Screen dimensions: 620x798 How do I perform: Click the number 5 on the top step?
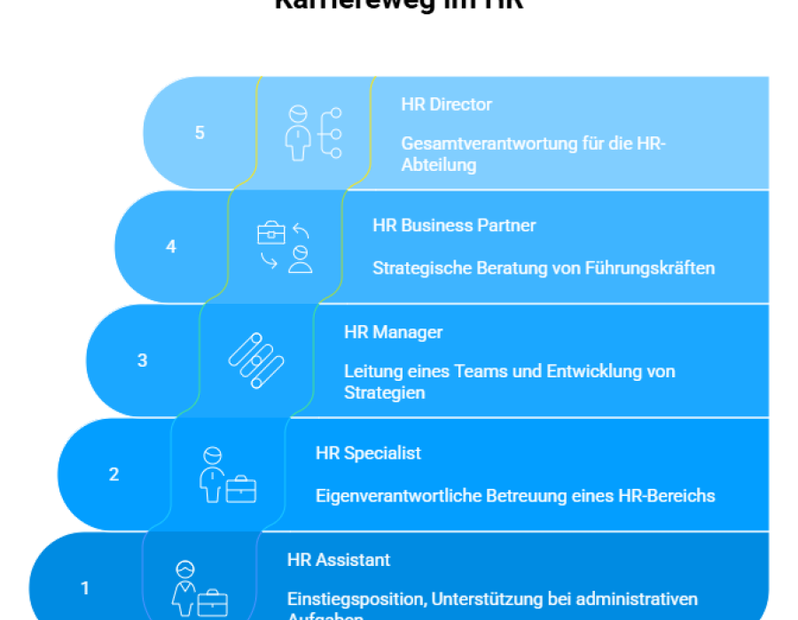199,133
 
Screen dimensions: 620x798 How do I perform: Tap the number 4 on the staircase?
171,247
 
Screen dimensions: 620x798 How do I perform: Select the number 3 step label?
143,361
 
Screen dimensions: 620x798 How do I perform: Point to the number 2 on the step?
113,475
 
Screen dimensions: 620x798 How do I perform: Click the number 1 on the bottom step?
85,588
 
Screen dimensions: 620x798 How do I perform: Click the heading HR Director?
446,105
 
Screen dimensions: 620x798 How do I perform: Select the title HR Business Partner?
454,226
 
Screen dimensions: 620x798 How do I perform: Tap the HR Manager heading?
393,333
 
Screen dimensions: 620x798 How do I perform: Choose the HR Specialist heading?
368,453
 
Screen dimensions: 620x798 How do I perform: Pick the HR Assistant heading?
339,561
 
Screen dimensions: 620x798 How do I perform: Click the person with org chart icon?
312,133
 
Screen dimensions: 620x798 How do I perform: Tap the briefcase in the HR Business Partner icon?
271,233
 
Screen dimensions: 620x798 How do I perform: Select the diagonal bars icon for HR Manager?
256,360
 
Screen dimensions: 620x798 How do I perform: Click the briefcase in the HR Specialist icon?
241,490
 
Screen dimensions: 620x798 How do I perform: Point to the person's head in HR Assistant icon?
185,570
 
